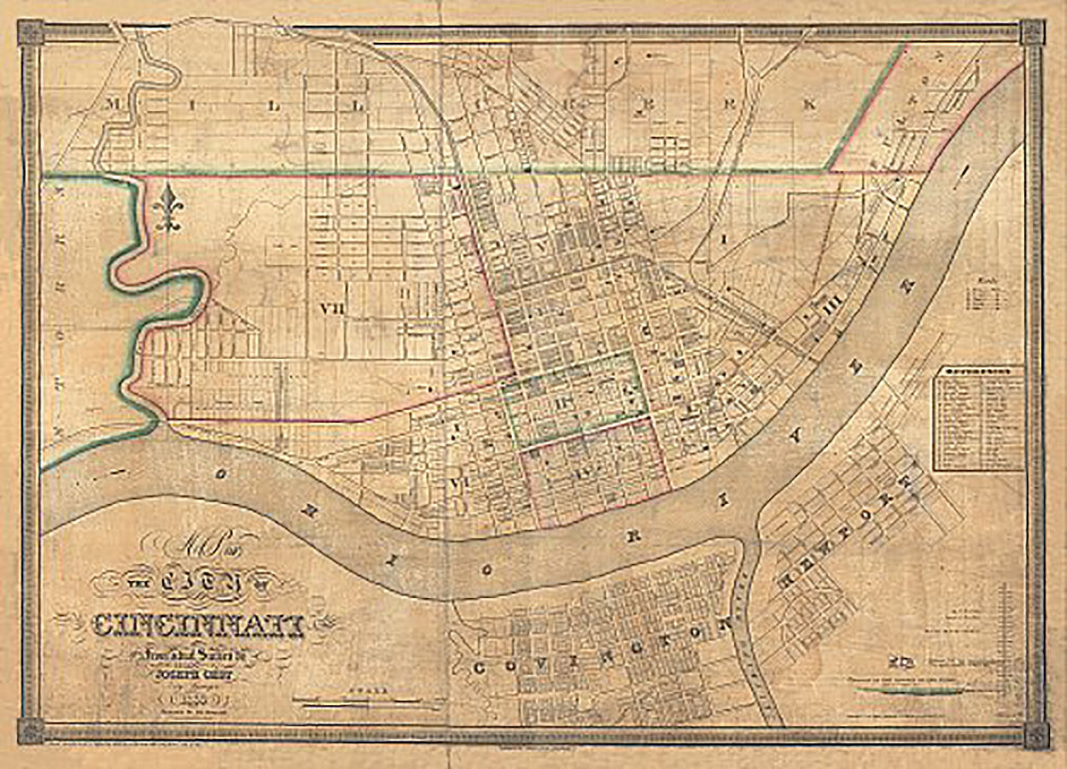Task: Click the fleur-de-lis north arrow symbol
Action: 168,208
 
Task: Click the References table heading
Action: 977,372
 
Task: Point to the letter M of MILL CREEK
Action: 110,105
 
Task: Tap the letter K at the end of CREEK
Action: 808,104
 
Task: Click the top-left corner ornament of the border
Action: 30,32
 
